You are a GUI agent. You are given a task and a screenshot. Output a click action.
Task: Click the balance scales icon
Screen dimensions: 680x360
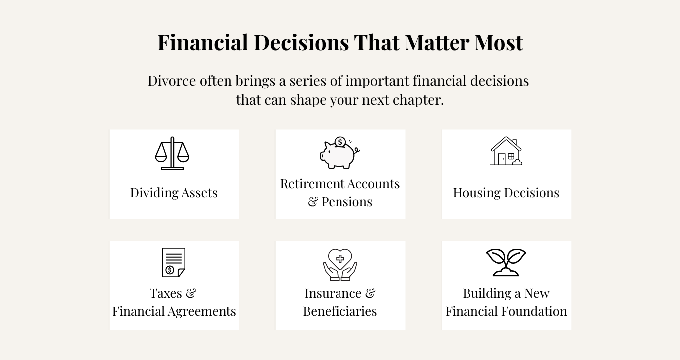[x=172, y=153]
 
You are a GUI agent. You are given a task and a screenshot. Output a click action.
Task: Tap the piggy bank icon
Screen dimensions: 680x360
[x=340, y=153]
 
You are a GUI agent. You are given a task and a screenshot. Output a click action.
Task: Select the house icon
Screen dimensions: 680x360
[x=506, y=151]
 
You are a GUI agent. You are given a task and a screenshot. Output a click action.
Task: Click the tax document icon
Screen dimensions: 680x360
[x=174, y=262]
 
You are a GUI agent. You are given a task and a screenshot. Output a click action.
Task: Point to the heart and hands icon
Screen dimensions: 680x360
[x=340, y=265]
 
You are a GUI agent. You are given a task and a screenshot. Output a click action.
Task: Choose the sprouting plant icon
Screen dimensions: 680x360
[x=506, y=262]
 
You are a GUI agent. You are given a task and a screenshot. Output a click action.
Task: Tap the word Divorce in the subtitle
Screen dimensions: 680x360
[x=172, y=81]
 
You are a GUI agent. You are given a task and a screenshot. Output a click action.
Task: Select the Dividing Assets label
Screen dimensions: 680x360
[x=174, y=193]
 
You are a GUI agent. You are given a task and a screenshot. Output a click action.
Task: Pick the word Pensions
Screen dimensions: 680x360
[x=346, y=202]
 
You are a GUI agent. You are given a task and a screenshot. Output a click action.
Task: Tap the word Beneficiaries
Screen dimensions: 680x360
[x=340, y=311]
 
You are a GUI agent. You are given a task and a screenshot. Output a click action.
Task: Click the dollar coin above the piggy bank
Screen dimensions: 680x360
[x=340, y=142]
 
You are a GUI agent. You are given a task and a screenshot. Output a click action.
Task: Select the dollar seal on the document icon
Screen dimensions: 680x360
[x=170, y=270]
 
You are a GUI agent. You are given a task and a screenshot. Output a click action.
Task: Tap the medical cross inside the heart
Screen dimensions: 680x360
[x=340, y=259]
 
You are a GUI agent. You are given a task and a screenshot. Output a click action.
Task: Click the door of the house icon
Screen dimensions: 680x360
[x=502, y=159]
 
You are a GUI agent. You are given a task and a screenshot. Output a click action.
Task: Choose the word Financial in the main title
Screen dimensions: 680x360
[x=203, y=42]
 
